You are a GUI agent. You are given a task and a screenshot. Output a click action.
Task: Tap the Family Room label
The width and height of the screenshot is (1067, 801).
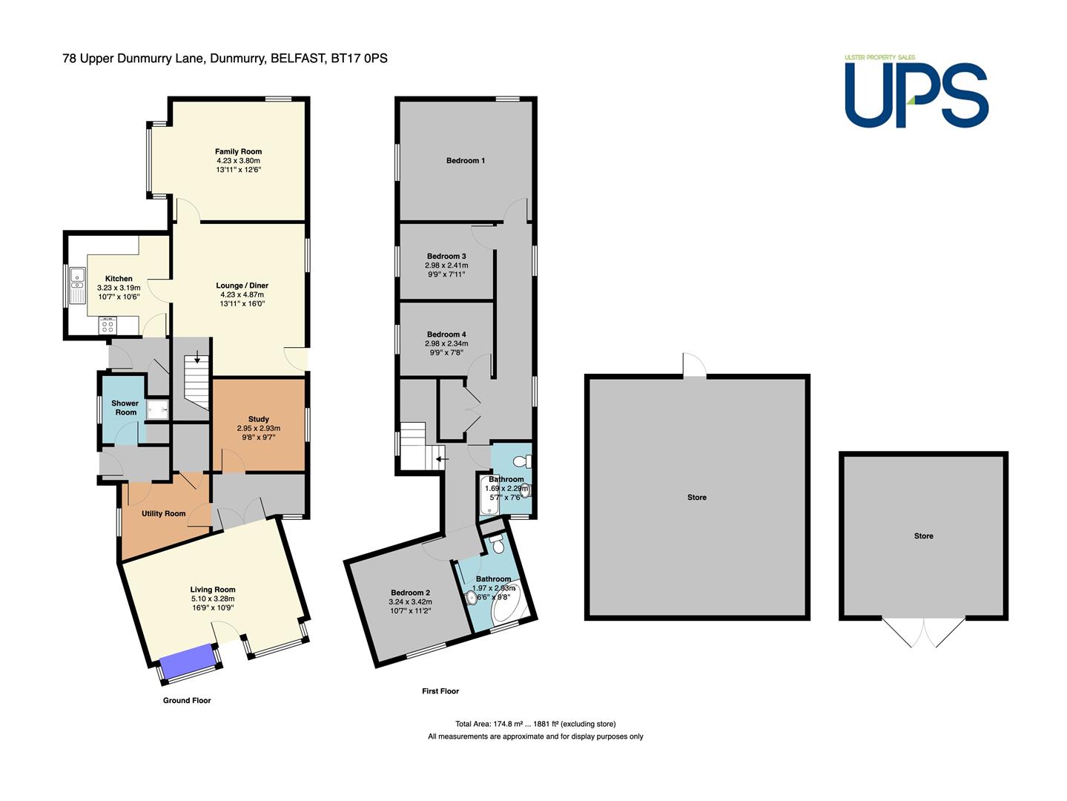click(238, 151)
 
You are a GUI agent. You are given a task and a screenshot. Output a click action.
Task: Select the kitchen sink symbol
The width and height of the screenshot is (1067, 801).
click(77, 286)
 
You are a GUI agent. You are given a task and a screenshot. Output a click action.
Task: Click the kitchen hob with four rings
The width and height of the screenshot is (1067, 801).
click(108, 325)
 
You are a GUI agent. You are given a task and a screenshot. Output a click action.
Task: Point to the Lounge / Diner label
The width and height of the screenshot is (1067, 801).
click(242, 286)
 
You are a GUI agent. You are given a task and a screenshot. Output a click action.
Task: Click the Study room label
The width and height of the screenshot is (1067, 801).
click(259, 419)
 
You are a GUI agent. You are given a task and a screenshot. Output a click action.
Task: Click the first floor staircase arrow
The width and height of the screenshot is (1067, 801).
click(442, 459)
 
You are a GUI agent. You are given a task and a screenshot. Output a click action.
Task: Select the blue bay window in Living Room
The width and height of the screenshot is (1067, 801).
click(188, 661)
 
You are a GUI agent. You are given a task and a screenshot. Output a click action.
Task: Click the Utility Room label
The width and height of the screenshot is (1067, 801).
click(163, 513)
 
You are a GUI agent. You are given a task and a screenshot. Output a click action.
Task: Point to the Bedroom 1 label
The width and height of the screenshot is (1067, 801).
click(466, 160)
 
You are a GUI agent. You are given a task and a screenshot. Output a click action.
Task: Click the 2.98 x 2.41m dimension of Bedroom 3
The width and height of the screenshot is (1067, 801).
click(446, 266)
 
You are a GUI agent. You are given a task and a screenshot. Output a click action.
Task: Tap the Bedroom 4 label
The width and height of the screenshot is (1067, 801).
click(446, 334)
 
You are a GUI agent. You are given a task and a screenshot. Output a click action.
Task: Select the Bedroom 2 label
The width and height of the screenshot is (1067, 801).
click(410, 593)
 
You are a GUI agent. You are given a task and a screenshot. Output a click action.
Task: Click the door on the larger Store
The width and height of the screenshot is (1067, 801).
click(694, 365)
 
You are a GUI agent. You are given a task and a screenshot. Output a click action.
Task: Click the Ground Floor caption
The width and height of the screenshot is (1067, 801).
click(187, 700)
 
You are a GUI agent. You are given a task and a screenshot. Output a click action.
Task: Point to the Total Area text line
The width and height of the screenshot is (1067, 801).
click(535, 724)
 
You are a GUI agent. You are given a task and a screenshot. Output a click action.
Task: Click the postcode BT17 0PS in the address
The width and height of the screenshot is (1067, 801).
click(359, 59)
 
